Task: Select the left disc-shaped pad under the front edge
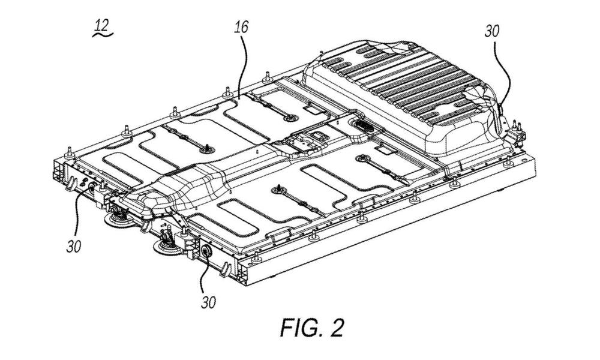point(117,222)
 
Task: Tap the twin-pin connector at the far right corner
point(516,128)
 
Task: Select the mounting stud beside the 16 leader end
point(227,92)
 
